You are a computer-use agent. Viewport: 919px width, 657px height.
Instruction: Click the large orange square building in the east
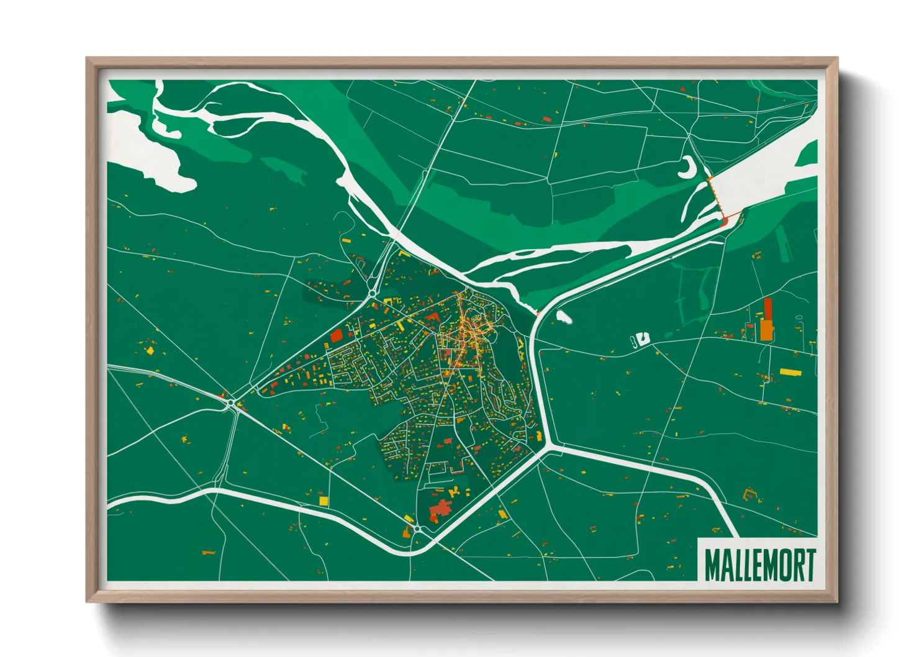pyautogui.click(x=767, y=330)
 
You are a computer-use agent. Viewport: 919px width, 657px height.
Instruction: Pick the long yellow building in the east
pyautogui.click(x=790, y=373)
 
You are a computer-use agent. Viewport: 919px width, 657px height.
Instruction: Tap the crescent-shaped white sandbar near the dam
pyautogui.click(x=688, y=168)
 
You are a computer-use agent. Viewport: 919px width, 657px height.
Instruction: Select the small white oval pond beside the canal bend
pyautogui.click(x=564, y=317)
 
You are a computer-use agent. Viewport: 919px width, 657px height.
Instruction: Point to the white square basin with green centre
pyautogui.click(x=642, y=338)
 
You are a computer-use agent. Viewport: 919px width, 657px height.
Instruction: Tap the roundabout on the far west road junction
pyautogui.click(x=231, y=404)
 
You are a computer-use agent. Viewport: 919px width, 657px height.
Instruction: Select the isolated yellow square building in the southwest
pyautogui.click(x=323, y=501)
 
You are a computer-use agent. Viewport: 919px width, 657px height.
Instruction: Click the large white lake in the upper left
pyautogui.click(x=149, y=149)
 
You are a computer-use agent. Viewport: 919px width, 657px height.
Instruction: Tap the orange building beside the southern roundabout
pyautogui.click(x=407, y=533)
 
